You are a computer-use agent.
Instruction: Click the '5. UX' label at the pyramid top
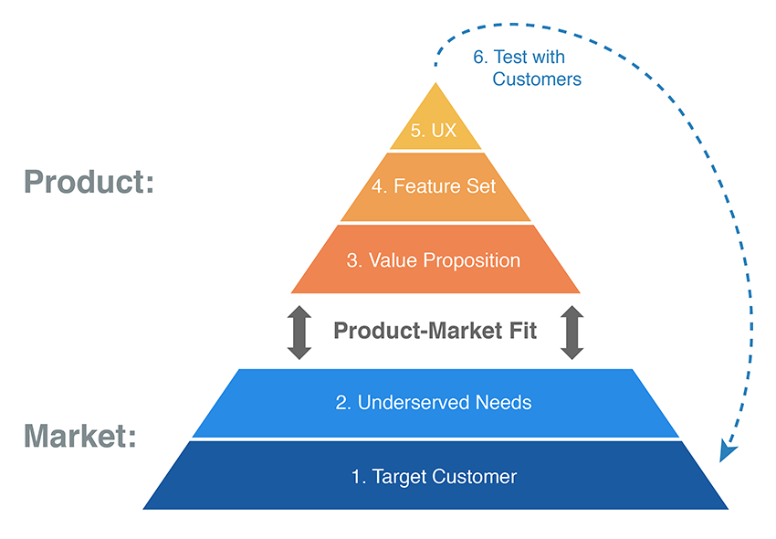coord(434,131)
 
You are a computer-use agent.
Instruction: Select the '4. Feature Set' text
coord(434,186)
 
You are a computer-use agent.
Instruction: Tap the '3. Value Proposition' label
coord(434,260)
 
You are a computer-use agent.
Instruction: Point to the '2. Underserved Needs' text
coord(434,402)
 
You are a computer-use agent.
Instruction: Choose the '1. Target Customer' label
coord(435,476)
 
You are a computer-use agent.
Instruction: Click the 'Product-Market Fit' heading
coord(435,331)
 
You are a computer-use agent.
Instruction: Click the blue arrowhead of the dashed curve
coord(728,451)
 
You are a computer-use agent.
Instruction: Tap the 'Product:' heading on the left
coord(89,181)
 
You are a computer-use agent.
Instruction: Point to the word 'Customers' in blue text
coord(537,79)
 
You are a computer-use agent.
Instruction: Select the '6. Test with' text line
coord(519,57)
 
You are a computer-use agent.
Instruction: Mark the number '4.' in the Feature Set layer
coord(380,186)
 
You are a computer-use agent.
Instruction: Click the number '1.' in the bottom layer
coord(360,476)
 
